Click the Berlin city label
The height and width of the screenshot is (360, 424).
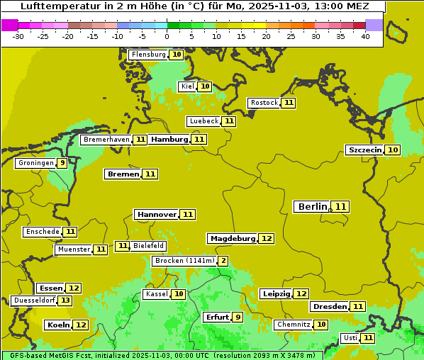312,207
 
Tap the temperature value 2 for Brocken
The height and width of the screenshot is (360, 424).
223,261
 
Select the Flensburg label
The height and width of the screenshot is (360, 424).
148,55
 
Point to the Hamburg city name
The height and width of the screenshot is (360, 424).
169,140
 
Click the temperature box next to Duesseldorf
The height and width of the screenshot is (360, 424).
65,300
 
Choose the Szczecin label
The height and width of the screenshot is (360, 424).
364,150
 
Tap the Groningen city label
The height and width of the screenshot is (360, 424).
35,163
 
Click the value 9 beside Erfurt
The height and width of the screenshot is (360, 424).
238,317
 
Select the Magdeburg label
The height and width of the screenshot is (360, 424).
232,238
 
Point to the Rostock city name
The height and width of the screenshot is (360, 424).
264,103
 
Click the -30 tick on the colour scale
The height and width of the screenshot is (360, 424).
18,36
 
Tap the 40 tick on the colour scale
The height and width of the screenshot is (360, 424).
365,36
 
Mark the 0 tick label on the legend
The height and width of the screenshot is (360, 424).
167,36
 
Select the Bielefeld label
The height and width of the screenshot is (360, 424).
148,246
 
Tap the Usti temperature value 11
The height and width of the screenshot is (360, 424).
367,338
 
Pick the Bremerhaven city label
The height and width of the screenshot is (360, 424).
106,140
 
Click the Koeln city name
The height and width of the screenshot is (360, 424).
58,325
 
